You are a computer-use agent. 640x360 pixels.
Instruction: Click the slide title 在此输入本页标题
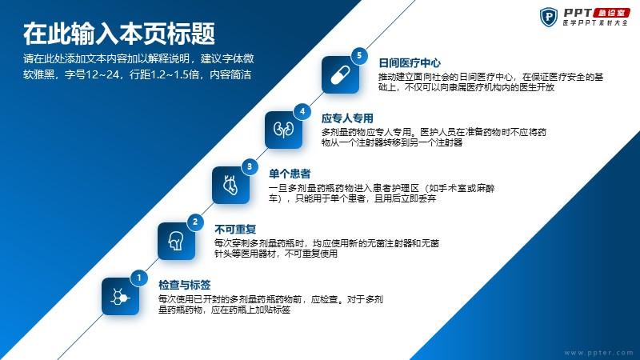coord(119,34)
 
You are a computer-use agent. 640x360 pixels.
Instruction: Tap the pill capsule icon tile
coord(340,74)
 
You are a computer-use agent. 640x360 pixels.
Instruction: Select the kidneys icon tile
coord(284,130)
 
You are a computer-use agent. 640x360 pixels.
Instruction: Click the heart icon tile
coord(230,185)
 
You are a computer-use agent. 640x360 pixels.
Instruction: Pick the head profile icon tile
coord(176,241)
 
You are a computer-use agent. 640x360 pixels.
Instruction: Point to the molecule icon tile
coord(120,296)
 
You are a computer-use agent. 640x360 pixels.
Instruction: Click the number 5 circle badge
coord(359,55)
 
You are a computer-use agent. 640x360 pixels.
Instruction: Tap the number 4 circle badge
coord(302,111)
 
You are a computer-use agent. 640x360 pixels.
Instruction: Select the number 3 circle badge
coord(250,166)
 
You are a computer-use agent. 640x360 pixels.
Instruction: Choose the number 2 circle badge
coord(195,222)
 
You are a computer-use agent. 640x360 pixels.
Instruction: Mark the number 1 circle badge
coord(138,278)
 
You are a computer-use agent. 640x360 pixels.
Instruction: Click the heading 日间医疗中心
coord(410,63)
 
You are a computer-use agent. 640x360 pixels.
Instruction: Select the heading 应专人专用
coord(347,118)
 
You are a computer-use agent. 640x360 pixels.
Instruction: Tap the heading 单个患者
coord(290,174)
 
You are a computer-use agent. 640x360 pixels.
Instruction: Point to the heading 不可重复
coord(235,230)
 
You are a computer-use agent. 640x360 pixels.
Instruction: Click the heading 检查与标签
coord(185,285)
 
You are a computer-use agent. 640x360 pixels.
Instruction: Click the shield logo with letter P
coord(549,17)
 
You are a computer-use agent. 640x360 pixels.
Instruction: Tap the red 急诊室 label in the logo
coord(612,13)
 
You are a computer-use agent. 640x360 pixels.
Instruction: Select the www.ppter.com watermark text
coord(598,353)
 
